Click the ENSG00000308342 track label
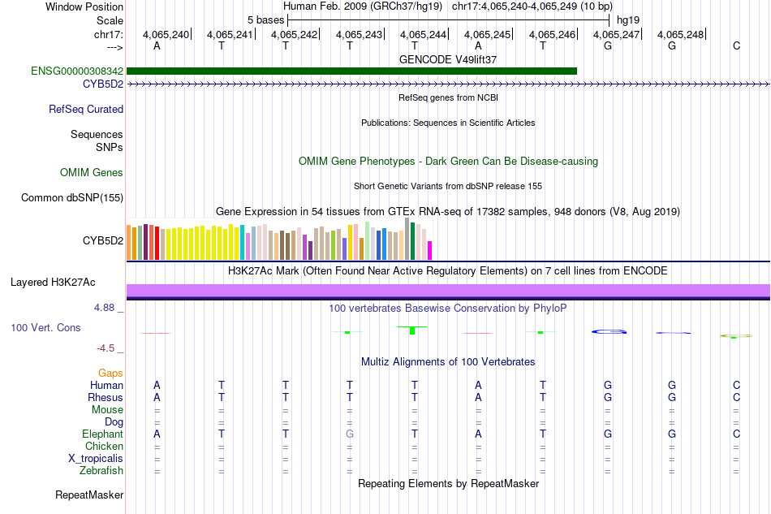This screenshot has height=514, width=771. point(77,71)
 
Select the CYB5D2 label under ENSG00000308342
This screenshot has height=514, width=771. point(102,84)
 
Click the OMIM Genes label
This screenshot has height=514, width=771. point(92,172)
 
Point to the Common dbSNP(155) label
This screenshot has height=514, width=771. point(72,197)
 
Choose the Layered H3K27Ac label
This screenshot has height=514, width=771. point(53,283)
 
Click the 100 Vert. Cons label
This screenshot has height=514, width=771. point(45,327)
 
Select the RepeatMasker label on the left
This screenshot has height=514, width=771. point(89,495)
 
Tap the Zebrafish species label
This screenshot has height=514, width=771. point(101,470)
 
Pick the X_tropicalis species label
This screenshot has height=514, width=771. point(96,458)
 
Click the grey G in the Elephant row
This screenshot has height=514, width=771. point(350,434)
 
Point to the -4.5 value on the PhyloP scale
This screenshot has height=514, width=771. point(107,348)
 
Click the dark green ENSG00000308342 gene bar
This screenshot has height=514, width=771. point(351,71)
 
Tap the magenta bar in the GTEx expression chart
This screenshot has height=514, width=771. point(430,250)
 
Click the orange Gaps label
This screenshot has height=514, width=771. point(110,373)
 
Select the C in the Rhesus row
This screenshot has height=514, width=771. point(736,398)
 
